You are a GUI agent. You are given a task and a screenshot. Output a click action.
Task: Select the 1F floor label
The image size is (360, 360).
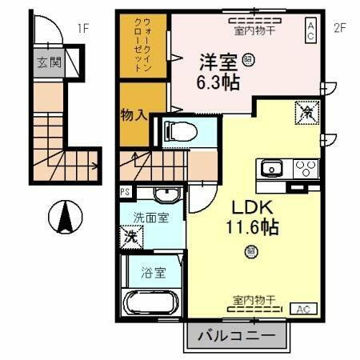82,29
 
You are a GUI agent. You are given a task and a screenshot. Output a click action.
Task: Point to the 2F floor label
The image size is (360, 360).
338,29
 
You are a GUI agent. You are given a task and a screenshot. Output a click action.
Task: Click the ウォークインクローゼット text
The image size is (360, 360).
142,45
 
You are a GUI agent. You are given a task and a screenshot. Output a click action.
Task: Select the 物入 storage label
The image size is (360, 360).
134,114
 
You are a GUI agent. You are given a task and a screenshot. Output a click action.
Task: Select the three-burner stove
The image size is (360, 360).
305,169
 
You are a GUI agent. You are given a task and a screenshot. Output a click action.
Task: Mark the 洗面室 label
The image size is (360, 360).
150,217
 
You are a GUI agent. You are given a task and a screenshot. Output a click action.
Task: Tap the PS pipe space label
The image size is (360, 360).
125,192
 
